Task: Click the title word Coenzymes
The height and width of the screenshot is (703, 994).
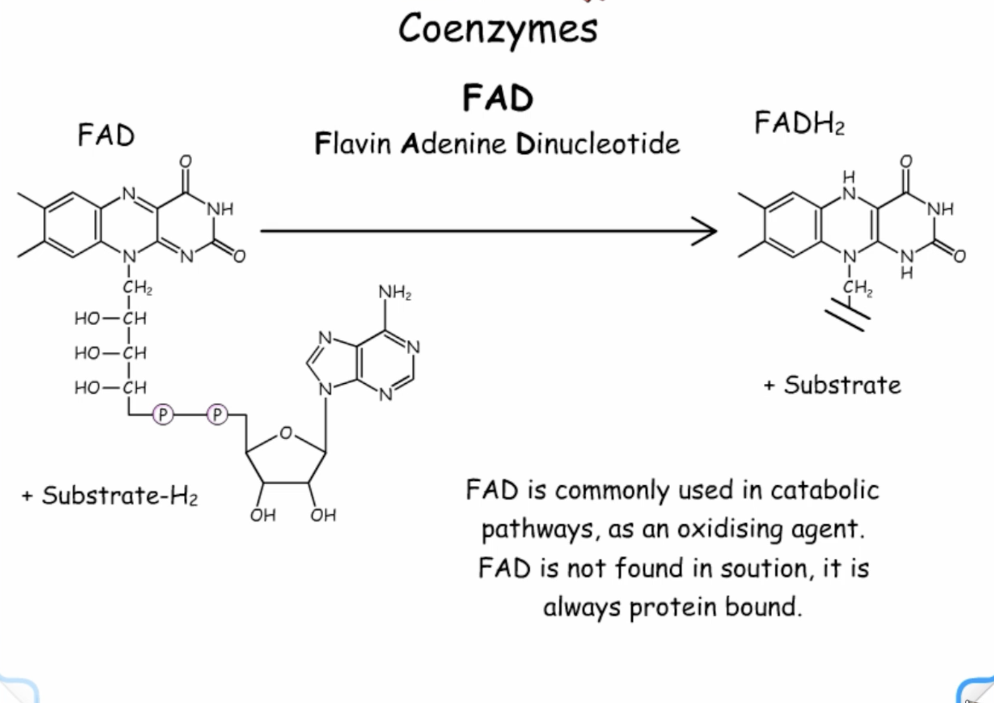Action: tap(498, 30)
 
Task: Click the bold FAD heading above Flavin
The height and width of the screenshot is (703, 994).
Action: tap(498, 98)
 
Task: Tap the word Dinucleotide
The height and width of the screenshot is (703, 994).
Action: tap(598, 143)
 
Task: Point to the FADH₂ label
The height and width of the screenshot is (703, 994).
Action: tap(799, 123)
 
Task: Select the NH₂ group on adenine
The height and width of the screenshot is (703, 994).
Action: tap(395, 292)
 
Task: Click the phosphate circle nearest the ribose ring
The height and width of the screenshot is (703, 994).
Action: tap(217, 414)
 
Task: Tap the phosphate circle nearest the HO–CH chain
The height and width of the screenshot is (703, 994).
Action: tap(163, 414)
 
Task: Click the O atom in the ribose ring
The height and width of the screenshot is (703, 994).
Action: tap(286, 433)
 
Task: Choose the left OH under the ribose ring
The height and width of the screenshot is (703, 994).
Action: tap(263, 515)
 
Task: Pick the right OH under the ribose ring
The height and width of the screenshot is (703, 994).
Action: tap(323, 515)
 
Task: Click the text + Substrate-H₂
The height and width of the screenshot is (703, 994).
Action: tap(109, 496)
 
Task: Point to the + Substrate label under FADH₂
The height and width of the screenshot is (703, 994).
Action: tap(832, 385)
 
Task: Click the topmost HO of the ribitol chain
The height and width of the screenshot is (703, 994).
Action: tap(87, 318)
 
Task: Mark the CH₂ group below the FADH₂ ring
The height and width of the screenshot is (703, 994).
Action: tap(858, 288)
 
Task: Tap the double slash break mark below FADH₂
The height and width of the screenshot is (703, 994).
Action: tap(848, 315)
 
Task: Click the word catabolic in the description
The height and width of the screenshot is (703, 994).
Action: tap(825, 490)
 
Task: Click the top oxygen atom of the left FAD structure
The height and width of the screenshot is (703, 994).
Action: tap(185, 161)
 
